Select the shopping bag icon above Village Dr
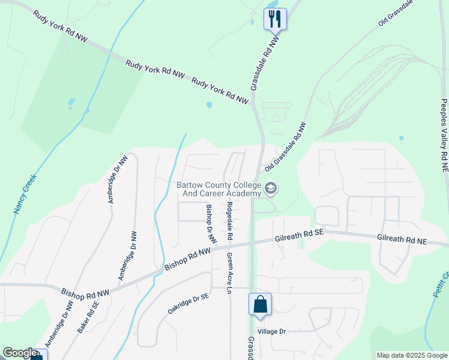261,304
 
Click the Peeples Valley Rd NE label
444,136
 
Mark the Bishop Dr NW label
211,223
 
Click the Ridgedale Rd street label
229,221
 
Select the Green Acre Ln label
229,273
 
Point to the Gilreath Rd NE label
402,238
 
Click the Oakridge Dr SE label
188,304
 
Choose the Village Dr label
271,331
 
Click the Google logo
20,353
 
